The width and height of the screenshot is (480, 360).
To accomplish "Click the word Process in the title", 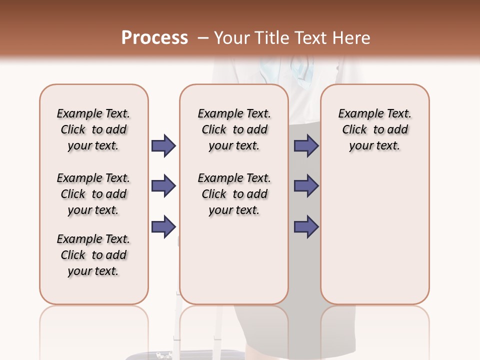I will pyautogui.click(x=154, y=37).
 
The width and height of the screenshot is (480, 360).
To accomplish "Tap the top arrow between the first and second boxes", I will pyautogui.click(x=163, y=145).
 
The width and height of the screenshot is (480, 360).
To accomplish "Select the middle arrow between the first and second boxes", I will pyautogui.click(x=163, y=186).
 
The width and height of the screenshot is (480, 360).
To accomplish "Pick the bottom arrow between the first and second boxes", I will pyautogui.click(x=163, y=226).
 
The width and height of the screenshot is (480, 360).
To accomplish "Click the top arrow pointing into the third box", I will pyautogui.click(x=306, y=145).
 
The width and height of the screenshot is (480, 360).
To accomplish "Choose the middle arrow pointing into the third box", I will pyautogui.click(x=306, y=186).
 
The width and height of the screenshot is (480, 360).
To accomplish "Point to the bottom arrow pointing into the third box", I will pyautogui.click(x=306, y=226).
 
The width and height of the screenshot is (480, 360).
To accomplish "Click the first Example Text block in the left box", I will pyautogui.click(x=93, y=129).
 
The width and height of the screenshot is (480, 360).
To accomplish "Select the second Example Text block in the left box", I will pyautogui.click(x=93, y=194).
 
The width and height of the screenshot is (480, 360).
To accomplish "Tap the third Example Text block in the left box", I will pyautogui.click(x=93, y=255).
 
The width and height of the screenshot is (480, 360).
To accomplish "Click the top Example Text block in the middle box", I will pyautogui.click(x=234, y=129).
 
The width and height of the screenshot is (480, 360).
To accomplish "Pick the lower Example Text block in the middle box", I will pyautogui.click(x=234, y=194).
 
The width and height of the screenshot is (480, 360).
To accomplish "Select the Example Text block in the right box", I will pyautogui.click(x=375, y=129).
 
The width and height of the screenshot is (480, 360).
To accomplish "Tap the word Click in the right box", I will pyautogui.click(x=354, y=130).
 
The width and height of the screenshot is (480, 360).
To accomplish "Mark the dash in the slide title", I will pyautogui.click(x=203, y=38).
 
